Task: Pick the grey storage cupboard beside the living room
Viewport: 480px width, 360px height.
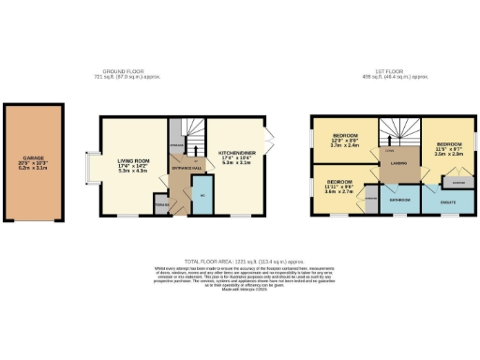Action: click(161, 203)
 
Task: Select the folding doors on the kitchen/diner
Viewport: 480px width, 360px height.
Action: click(269, 142)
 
